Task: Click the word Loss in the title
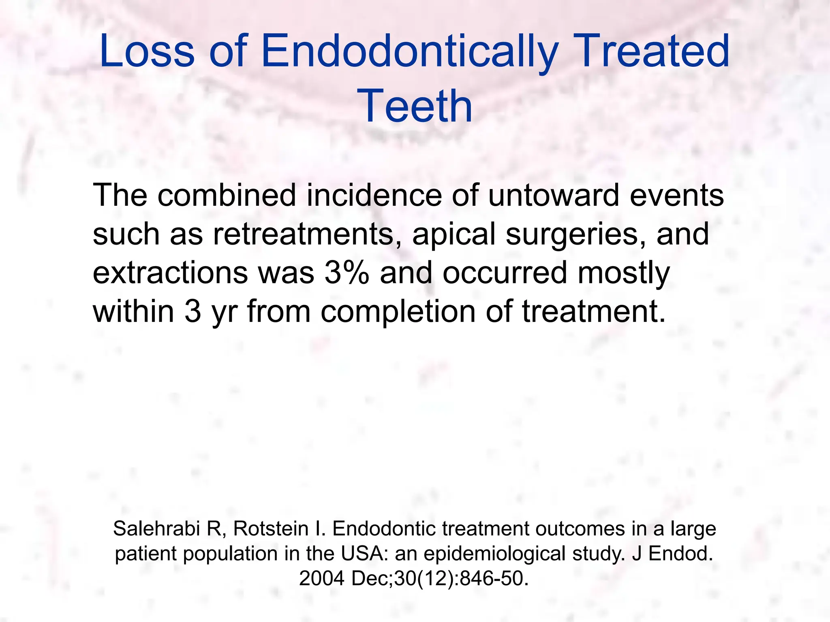(147, 51)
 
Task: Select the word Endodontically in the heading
(409, 52)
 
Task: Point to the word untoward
(554, 195)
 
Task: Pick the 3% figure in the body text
(347, 273)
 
